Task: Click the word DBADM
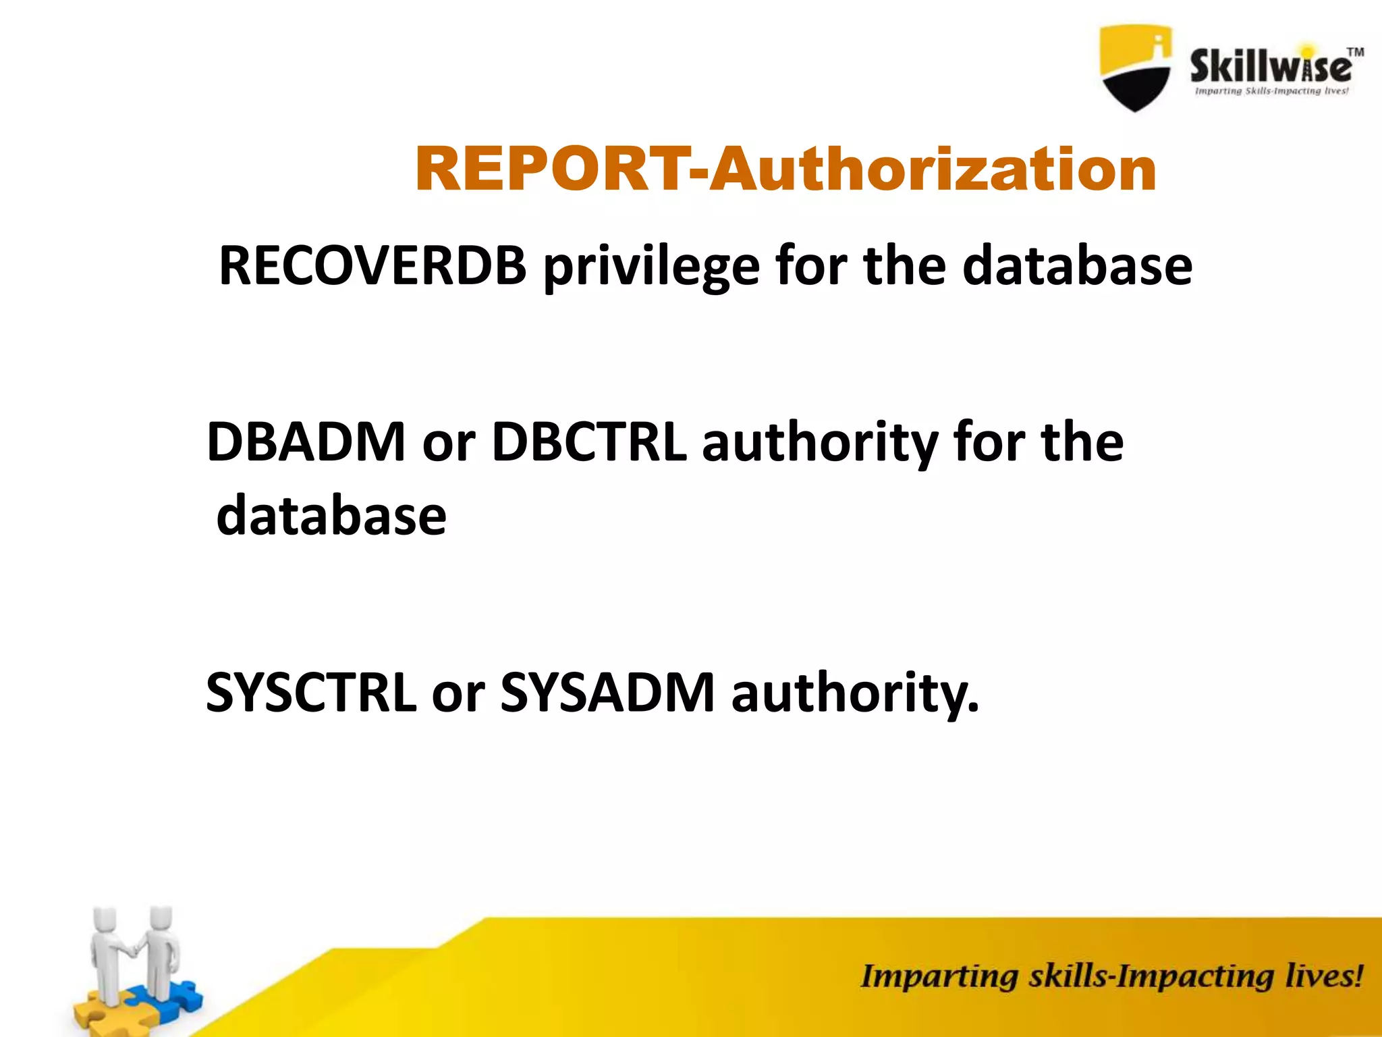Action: point(306,442)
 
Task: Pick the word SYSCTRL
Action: point(311,693)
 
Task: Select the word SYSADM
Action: point(607,693)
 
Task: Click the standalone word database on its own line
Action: point(331,516)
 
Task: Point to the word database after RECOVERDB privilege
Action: point(1077,266)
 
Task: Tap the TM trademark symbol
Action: point(1355,52)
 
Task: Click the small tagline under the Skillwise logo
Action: point(1271,91)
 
